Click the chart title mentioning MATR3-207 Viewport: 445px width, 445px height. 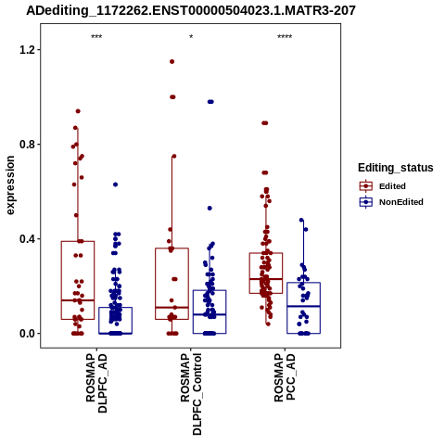191,11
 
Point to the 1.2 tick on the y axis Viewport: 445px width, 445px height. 26,49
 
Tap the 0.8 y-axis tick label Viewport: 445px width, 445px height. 26,145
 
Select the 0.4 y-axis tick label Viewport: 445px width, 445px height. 26,239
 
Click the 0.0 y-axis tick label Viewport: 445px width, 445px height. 26,334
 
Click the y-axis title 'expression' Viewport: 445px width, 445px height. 10,185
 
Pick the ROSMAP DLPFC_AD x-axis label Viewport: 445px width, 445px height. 96,383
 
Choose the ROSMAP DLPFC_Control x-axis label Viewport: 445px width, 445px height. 191,394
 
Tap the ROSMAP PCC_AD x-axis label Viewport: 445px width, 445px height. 285,377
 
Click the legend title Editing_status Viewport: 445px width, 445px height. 396,168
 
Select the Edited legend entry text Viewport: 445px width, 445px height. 392,186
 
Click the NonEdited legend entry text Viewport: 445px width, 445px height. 401,202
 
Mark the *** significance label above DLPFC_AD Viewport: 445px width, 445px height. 96,37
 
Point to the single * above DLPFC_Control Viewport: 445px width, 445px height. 191,37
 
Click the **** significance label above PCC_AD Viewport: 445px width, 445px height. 285,37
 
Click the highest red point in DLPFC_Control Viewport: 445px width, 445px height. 172,61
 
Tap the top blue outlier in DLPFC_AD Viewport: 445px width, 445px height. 115,184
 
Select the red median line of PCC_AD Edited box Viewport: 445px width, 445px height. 266,279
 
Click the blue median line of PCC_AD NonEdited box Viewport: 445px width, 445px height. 303,306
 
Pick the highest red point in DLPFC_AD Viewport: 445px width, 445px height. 78,111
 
